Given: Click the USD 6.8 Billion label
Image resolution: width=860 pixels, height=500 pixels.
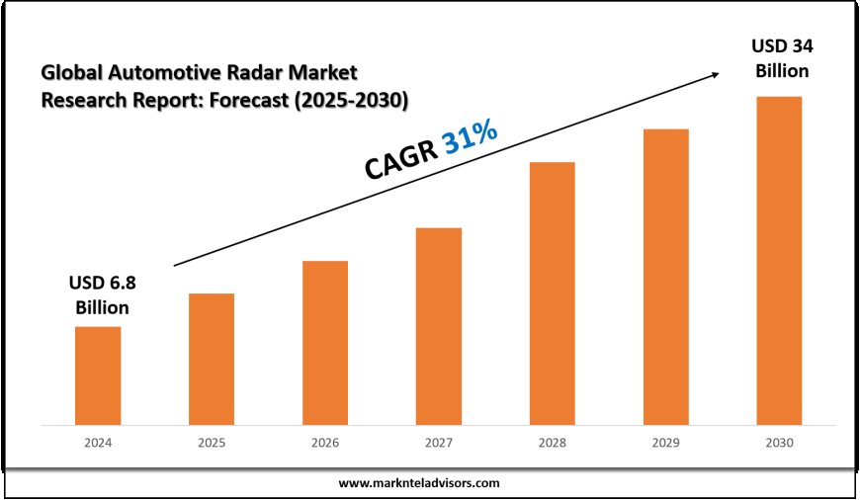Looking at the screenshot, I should pyautogui.click(x=102, y=294).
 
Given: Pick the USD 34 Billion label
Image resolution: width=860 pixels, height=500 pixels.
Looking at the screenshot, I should pyautogui.click(x=783, y=59).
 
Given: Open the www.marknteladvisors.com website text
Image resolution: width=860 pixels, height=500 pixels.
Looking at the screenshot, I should pyautogui.click(x=419, y=483).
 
